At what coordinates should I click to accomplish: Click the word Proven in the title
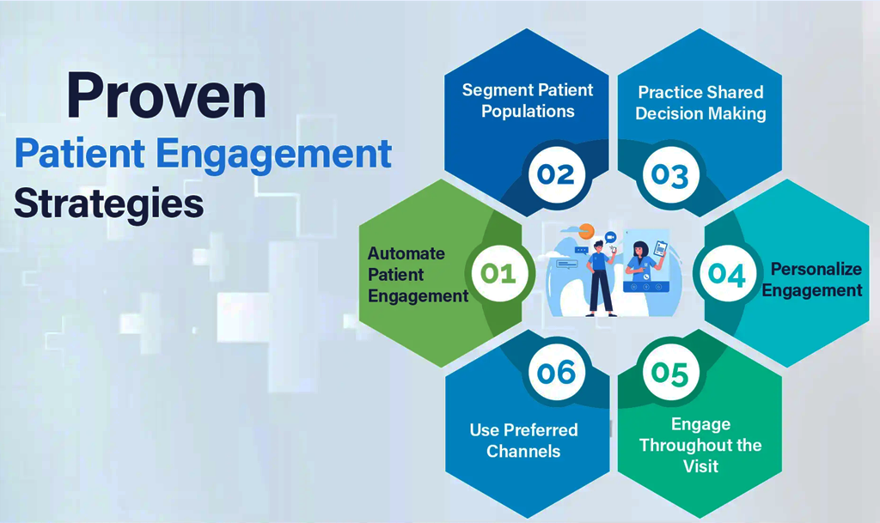pyautogui.click(x=166, y=96)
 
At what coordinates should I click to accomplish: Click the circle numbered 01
pyautogui.click(x=498, y=274)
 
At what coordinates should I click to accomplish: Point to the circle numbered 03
pyautogui.click(x=669, y=175)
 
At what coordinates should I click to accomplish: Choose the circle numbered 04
pyautogui.click(x=727, y=274)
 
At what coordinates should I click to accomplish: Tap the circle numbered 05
pyautogui.click(x=669, y=374)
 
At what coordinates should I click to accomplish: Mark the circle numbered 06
pyautogui.click(x=556, y=373)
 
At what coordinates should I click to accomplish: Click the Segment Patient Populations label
pyautogui.click(x=528, y=100)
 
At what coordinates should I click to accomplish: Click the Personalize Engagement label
pyautogui.click(x=812, y=279)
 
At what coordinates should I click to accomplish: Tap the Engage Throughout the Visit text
pyautogui.click(x=700, y=445)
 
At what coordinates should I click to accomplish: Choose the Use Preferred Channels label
pyautogui.click(x=523, y=440)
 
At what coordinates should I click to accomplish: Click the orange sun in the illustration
pyautogui.click(x=587, y=230)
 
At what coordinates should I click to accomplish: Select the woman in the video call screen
pyautogui.click(x=640, y=261)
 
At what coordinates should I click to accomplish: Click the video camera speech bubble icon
pyautogui.click(x=612, y=237)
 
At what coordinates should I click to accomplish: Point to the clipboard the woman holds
pyautogui.click(x=661, y=249)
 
